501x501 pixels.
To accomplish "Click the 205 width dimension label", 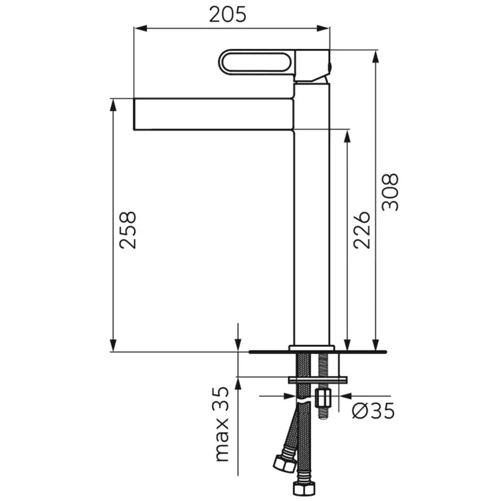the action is tap(228, 15).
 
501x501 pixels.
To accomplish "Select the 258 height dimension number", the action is tap(128, 230).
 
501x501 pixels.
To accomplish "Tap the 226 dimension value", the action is tap(361, 230).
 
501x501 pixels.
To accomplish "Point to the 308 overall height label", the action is tap(390, 192).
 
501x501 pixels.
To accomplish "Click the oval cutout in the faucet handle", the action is tap(255, 62).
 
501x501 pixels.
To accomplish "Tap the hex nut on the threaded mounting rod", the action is tap(323, 398).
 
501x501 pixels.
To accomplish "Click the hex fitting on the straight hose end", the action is tap(304, 488).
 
